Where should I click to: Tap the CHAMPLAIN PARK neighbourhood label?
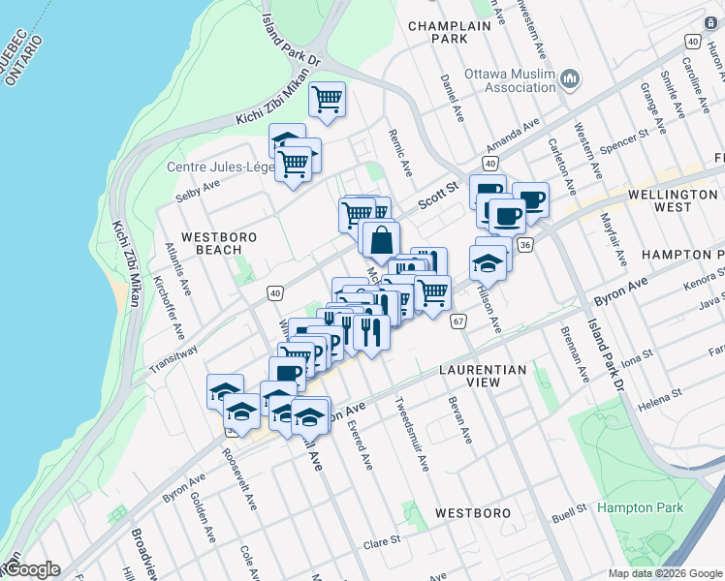(x=451, y=33)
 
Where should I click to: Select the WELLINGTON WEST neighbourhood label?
(x=672, y=200)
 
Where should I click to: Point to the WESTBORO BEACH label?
(x=210, y=243)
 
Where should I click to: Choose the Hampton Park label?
(x=641, y=507)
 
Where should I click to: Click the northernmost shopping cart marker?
(x=328, y=99)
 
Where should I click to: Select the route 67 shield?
(x=458, y=321)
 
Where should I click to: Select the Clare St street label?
(x=382, y=540)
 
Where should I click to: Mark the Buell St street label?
(x=569, y=507)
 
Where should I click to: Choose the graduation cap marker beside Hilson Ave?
(x=489, y=262)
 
